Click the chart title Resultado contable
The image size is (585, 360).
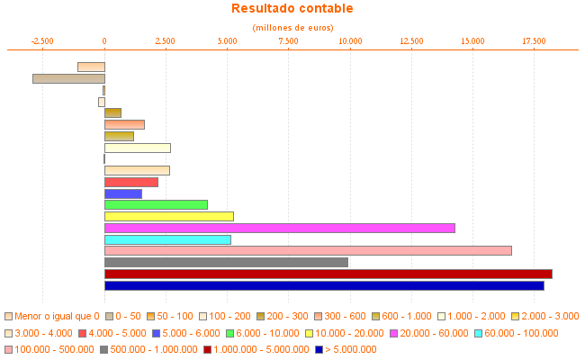pyautogui.click(x=292, y=9)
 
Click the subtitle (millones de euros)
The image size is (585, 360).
pyautogui.click(x=292, y=28)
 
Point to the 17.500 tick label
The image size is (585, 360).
pyautogui.click(x=534, y=41)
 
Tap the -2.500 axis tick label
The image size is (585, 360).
pyautogui.click(x=42, y=41)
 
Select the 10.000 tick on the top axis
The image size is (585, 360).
pyautogui.click(x=349, y=41)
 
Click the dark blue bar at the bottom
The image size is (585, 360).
pyautogui.click(x=324, y=285)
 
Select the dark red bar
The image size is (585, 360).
pyautogui.click(x=328, y=274)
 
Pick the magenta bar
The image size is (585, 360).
pyautogui.click(x=279, y=228)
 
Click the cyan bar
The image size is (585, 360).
pyautogui.click(x=167, y=239)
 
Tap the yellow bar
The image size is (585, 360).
pyautogui.click(x=168, y=216)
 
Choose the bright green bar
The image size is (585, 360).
pyautogui.click(x=156, y=205)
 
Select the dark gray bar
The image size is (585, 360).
pyautogui.click(x=226, y=262)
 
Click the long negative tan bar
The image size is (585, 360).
pyautogui.click(x=68, y=78)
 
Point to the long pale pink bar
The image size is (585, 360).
pyautogui.click(x=308, y=250)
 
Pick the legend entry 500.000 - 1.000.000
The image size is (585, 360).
pyautogui.click(x=148, y=349)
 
